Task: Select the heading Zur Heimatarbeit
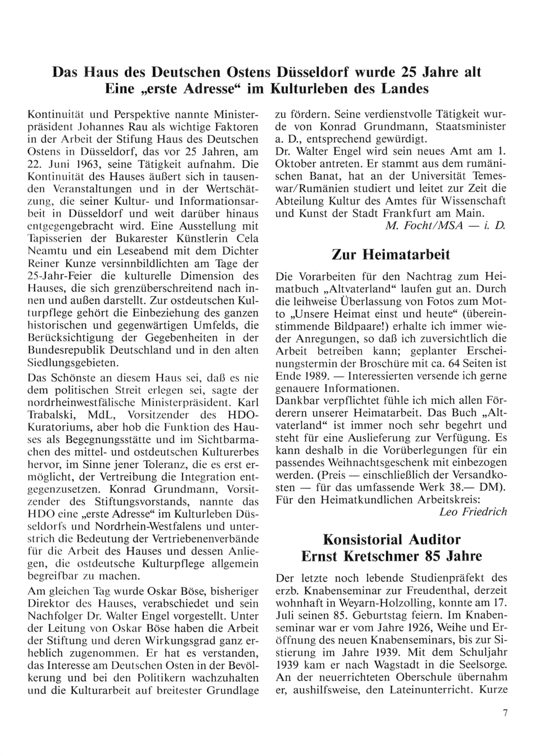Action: pyautogui.click(x=391, y=255)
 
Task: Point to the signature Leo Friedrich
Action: pyautogui.click(x=472, y=511)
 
